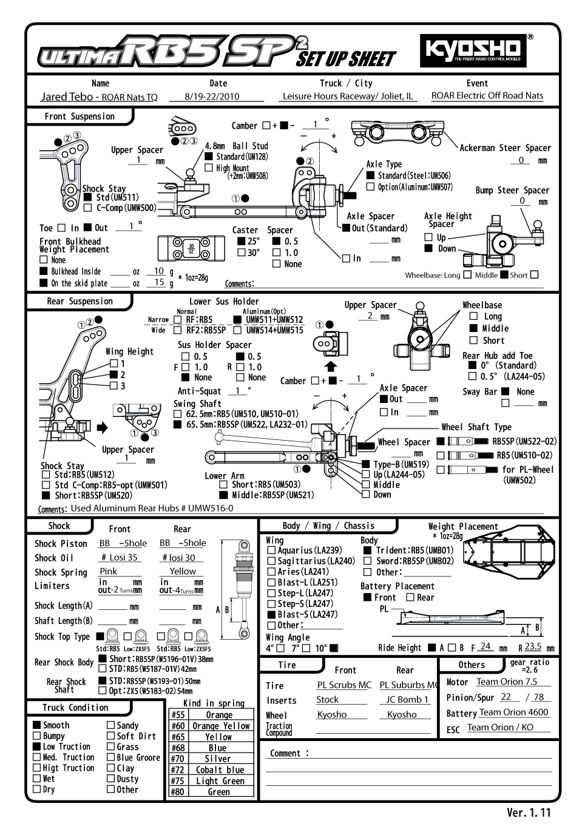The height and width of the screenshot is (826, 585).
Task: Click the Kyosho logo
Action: (473, 50)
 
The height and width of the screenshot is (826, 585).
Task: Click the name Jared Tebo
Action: (67, 96)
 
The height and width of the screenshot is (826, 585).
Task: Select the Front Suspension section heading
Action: (79, 117)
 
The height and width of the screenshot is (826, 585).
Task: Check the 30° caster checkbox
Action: (242, 252)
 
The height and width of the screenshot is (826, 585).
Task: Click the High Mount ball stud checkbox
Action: (209, 168)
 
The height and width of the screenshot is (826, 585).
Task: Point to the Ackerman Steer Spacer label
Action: (505, 147)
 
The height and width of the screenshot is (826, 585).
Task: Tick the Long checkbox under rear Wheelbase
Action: (474, 316)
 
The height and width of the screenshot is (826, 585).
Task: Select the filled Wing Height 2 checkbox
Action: (113, 375)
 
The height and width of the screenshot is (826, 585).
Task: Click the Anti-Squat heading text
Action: (199, 391)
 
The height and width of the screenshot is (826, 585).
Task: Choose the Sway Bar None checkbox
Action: (506, 391)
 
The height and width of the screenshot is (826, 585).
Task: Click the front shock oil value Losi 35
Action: (120, 557)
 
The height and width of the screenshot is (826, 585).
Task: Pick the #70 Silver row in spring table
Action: (211, 759)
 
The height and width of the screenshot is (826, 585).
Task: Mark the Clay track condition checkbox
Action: (110, 768)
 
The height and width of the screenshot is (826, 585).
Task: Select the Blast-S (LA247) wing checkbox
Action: (272, 614)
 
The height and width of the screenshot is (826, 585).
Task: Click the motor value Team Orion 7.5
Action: (507, 682)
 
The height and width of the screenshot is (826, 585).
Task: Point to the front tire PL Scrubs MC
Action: (344, 685)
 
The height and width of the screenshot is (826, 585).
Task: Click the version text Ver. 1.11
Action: (529, 813)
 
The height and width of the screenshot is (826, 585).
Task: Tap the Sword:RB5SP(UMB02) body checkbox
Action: (367, 561)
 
